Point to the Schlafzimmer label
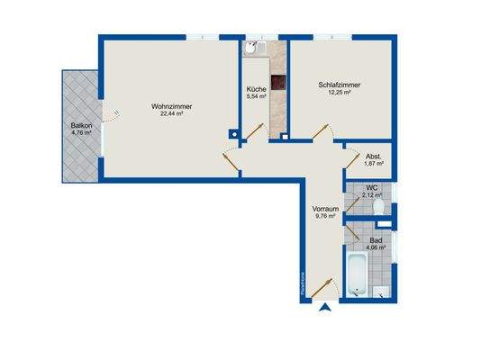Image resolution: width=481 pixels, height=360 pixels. point(337,85)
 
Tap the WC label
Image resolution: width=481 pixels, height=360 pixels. point(370,189)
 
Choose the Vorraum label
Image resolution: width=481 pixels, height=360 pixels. point(323,209)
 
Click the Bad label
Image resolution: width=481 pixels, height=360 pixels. point(376,240)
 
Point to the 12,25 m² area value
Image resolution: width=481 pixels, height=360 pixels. point(337,93)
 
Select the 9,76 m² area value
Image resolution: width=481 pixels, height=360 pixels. point(323,216)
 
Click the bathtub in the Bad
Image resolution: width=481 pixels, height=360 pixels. point(357,274)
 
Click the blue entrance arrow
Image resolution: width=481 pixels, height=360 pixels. point(325,309)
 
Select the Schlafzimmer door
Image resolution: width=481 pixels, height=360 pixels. point(321,134)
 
